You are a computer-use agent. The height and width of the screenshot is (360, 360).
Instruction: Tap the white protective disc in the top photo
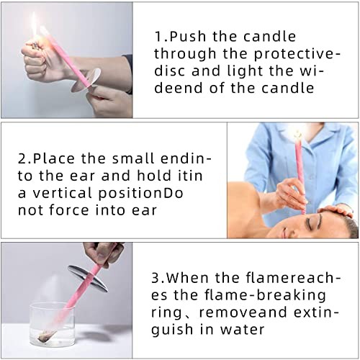click(x=88, y=76)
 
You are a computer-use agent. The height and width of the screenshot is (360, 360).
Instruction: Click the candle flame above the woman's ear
click(x=296, y=134)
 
